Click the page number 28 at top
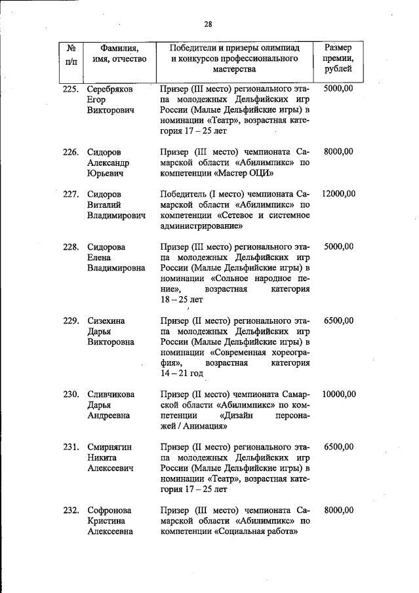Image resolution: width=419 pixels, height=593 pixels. (x=209, y=25)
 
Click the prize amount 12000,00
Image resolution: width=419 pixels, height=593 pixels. (x=338, y=194)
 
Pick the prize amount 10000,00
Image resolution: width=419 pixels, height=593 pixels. (x=338, y=394)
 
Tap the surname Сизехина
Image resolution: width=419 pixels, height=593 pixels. (x=106, y=320)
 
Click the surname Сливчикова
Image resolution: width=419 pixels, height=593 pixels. (x=111, y=394)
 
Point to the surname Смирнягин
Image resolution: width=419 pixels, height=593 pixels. (x=110, y=447)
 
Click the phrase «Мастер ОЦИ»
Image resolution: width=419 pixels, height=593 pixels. (x=245, y=173)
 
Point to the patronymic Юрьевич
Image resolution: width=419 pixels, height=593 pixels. (x=108, y=174)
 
